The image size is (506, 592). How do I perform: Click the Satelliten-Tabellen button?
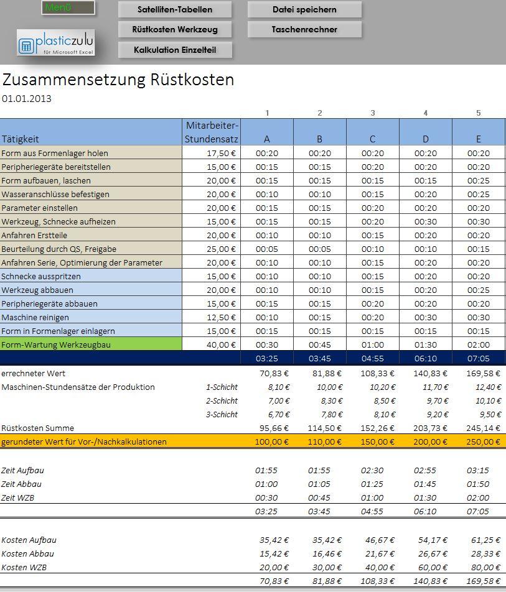[x=174, y=9]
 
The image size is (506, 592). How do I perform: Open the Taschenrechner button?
[x=304, y=29]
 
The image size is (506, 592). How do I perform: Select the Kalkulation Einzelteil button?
[x=174, y=50]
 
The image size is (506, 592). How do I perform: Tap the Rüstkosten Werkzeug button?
[x=174, y=29]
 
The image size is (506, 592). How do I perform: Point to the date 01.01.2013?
[x=27, y=98]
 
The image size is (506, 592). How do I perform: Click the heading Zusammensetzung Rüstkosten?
[x=118, y=80]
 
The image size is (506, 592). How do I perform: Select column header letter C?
[x=372, y=139]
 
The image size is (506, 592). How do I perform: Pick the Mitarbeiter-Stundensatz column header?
[x=212, y=132]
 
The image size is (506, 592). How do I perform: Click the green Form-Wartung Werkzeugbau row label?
[x=56, y=345]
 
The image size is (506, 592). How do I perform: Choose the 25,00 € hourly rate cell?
[x=221, y=249]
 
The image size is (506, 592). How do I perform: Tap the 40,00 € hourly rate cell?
[x=221, y=345]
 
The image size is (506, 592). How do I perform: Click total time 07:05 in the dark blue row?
[x=478, y=358]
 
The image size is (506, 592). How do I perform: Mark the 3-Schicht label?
[x=222, y=414]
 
